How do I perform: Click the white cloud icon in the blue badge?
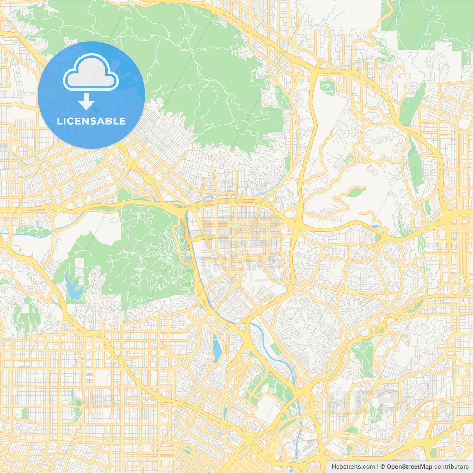91,72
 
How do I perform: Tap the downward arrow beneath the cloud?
86,102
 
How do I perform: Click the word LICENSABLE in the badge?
91,121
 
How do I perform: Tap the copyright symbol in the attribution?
383,467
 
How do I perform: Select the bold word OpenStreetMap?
409,467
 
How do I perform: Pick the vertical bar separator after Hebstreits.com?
378,467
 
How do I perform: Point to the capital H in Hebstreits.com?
334,467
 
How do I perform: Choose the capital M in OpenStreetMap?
423,467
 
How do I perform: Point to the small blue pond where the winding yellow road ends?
375,226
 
